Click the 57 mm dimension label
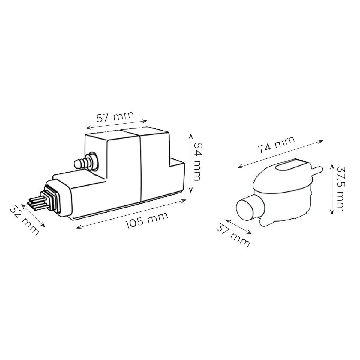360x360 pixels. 115,117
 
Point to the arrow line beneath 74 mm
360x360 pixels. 280,154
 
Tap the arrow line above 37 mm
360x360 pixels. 238,227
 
